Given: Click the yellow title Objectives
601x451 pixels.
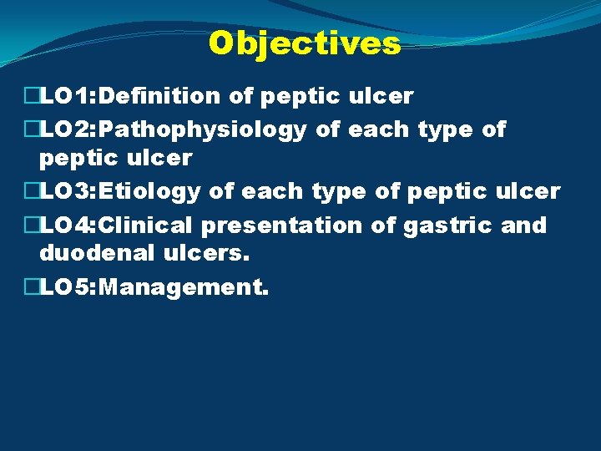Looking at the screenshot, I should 305,43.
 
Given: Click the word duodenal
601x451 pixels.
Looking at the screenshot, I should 87,253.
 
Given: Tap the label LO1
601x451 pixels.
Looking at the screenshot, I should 65,97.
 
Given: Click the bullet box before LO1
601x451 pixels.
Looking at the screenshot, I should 32,97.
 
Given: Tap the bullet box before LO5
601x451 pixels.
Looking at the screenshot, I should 32,288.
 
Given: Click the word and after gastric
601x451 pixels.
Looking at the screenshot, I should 523,225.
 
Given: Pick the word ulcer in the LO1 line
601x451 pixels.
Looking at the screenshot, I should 381,97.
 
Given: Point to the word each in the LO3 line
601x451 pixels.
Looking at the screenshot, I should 274,191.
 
